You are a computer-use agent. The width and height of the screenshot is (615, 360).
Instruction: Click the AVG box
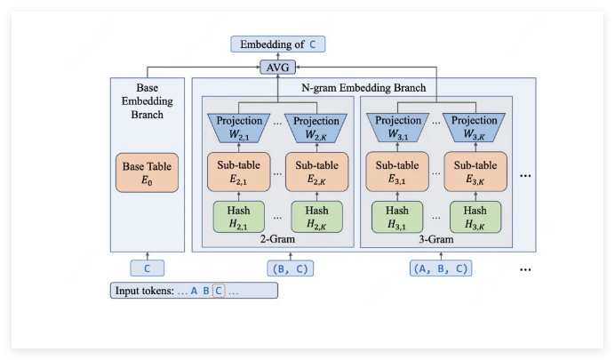click(x=276, y=67)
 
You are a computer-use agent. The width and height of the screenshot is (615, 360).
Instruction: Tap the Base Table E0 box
click(x=147, y=172)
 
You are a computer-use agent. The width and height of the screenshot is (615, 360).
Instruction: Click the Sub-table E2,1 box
click(x=239, y=172)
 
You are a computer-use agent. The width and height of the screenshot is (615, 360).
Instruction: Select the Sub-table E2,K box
click(x=316, y=172)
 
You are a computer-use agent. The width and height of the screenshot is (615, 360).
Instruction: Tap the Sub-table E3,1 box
click(x=397, y=172)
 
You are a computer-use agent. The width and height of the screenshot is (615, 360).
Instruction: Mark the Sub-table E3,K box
click(x=475, y=172)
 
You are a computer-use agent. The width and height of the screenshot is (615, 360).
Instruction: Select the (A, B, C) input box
click(x=441, y=268)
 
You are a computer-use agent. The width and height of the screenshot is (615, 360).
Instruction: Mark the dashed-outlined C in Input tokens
click(x=219, y=291)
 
